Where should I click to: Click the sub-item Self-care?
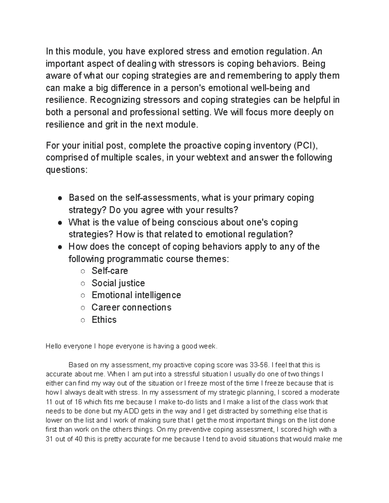coord(110,271)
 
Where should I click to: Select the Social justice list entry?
coord(118,283)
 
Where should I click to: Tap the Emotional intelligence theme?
coord(136,295)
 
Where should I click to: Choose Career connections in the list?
coord(131,307)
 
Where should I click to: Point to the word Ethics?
coord(104,320)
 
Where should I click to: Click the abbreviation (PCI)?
coord(305,146)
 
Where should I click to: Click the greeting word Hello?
coord(54,346)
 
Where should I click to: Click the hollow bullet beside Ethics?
coord(83,320)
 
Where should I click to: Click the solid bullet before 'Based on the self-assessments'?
coord(60,198)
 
